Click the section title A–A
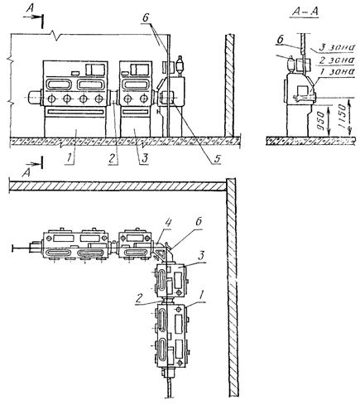(x=305, y=12)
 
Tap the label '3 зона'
(x=335, y=47)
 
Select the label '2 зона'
(x=335, y=60)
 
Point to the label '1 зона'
(x=335, y=72)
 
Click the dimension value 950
(x=320, y=120)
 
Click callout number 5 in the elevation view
(x=217, y=158)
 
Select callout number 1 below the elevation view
(x=70, y=158)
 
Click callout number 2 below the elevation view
(x=113, y=158)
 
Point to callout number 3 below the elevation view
(x=144, y=158)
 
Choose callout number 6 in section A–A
(x=280, y=40)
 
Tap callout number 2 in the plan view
(x=139, y=300)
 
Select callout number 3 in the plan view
(x=202, y=256)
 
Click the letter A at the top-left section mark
(x=30, y=8)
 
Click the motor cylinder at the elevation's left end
(x=35, y=98)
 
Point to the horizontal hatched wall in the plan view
(x=118, y=186)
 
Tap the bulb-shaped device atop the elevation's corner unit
(x=180, y=64)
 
